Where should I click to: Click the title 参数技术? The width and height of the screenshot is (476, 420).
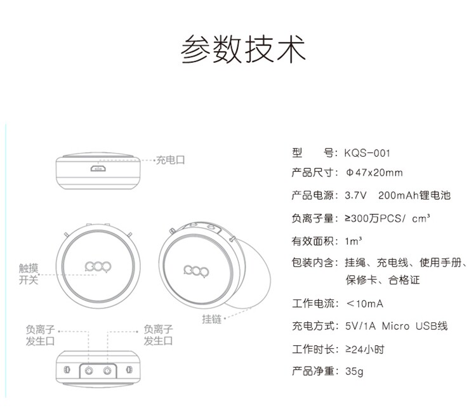[244, 49]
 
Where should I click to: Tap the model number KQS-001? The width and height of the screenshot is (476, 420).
[366, 153]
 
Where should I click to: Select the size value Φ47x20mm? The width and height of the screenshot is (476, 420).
[374, 173]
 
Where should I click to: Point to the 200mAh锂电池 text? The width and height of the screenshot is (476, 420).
[414, 195]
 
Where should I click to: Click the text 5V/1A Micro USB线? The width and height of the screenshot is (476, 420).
[396, 326]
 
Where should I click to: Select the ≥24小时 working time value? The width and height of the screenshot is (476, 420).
[364, 349]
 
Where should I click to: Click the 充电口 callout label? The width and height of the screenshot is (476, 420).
[171, 161]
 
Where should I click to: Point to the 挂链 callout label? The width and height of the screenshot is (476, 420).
[212, 320]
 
